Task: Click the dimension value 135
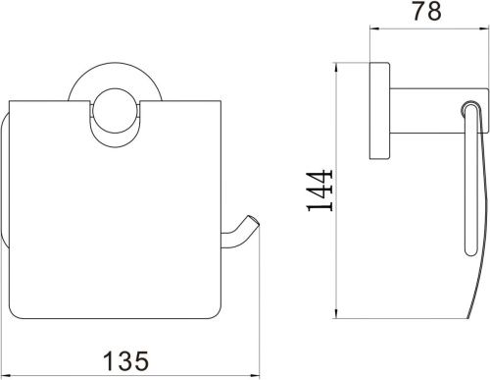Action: tap(125, 360)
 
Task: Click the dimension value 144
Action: tap(319, 190)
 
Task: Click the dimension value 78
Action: tap(426, 11)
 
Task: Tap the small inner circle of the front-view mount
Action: tap(116, 110)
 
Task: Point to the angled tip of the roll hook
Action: tap(254, 220)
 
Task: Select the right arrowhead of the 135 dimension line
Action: tap(255, 376)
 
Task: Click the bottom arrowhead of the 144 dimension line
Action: tap(336, 313)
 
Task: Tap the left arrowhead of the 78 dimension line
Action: tap(375, 28)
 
